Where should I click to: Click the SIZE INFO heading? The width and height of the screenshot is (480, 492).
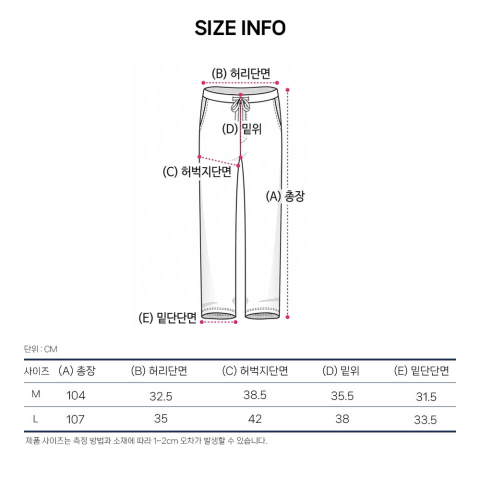point(240,28)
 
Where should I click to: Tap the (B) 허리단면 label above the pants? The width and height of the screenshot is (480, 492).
point(241,73)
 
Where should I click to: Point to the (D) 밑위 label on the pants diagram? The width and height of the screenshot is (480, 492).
point(241,129)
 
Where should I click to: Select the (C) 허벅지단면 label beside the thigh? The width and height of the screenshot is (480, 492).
point(197,172)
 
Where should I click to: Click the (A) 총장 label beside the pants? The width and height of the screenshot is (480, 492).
point(285,196)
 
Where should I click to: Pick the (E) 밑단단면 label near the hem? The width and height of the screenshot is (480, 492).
point(167,318)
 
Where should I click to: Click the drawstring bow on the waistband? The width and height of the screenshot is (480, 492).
point(240,105)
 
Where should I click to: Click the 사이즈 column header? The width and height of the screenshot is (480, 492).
point(36,371)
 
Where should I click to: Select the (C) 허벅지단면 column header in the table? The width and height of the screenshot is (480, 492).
point(254,371)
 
